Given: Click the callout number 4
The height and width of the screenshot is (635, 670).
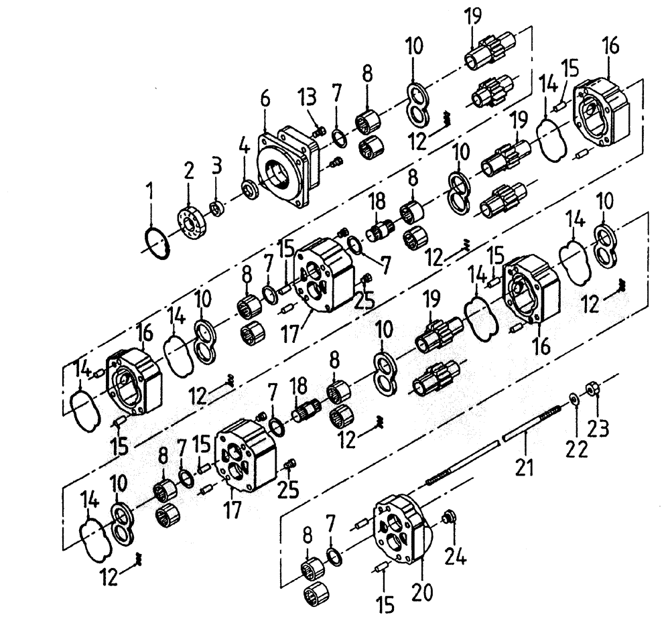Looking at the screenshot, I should [x=244, y=143].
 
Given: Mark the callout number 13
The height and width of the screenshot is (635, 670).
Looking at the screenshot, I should [x=308, y=100].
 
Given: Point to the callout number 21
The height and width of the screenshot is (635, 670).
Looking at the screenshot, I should [x=525, y=465].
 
